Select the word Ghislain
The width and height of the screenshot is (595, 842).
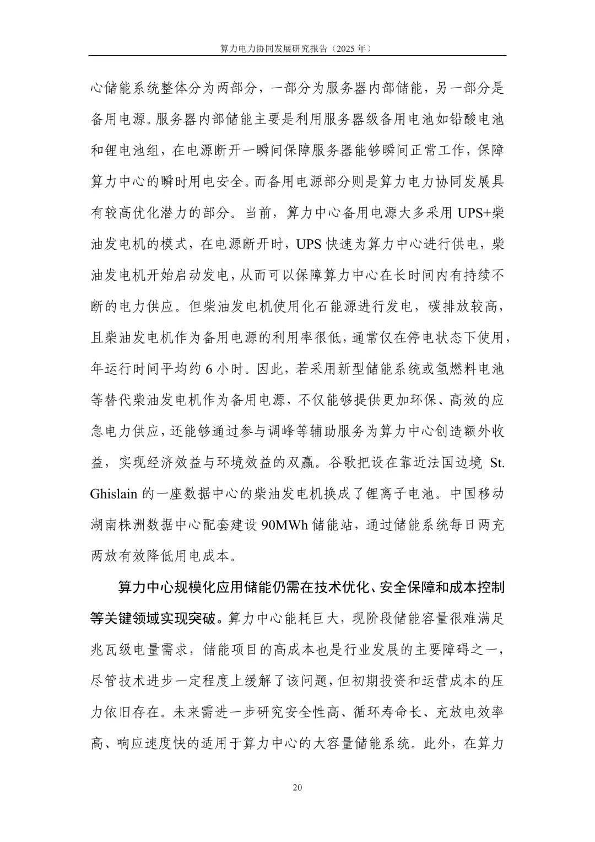click(113, 493)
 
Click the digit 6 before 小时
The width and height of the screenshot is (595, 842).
click(209, 368)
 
